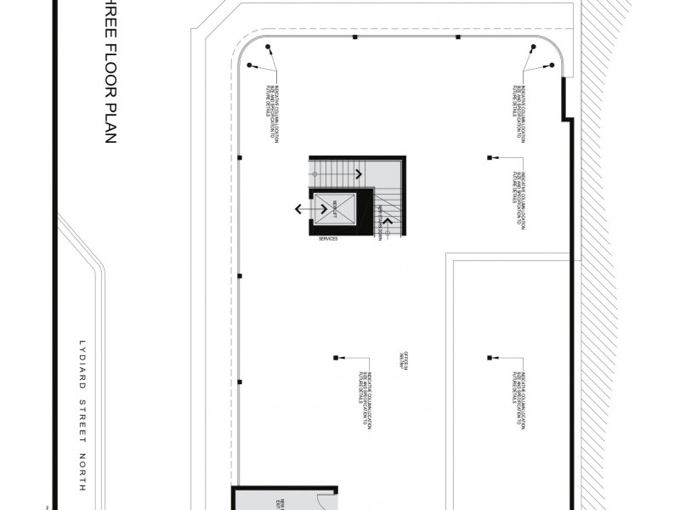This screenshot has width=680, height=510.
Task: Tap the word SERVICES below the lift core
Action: [328, 240]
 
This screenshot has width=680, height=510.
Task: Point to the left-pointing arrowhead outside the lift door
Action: [297, 208]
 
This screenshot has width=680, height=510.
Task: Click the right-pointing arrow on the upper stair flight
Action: [360, 173]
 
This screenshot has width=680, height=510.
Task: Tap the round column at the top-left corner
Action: [268, 47]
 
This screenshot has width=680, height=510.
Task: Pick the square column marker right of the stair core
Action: [490, 157]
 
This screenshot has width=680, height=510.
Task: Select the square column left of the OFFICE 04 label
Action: [337, 357]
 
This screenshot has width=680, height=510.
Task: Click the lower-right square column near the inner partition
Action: [490, 357]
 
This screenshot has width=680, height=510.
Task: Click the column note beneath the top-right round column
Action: [519, 100]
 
